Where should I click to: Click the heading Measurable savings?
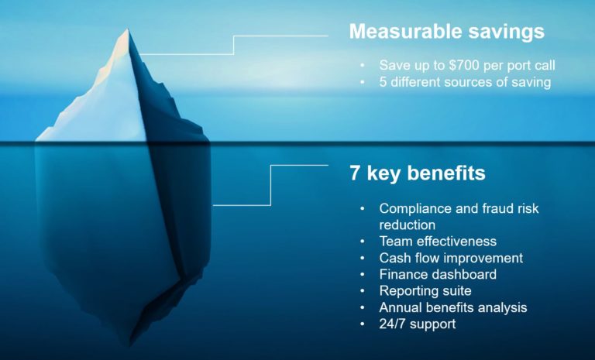coord(445,32)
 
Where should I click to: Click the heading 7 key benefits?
coord(417,173)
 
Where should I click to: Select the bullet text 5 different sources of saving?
coord(465,83)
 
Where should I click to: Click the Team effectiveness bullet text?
coord(438,242)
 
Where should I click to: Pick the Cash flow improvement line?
coord(451,258)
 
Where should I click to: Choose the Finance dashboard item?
coord(438,274)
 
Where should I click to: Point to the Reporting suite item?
coord(425,291)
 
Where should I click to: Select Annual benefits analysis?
coord(453,307)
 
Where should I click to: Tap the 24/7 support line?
coord(418,324)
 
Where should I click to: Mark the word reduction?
coord(408,225)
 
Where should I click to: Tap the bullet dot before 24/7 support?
coord(362,324)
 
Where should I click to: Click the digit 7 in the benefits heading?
coord(355,173)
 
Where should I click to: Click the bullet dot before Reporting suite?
coord(362,292)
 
